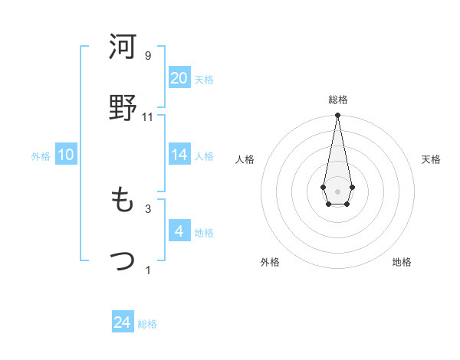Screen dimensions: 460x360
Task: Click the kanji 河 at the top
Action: click(123, 47)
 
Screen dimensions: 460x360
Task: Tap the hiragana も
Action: click(123, 201)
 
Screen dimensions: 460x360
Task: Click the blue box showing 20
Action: click(179, 78)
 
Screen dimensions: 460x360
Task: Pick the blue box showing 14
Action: click(179, 155)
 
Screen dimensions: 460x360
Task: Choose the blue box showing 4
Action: click(179, 231)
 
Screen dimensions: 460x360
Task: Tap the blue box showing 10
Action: click(66, 155)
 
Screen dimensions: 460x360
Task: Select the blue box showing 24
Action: click(123, 323)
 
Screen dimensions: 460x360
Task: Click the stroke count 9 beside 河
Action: click(148, 56)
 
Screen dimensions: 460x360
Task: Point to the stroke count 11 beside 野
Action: click(148, 117)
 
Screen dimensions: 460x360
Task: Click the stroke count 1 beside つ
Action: click(148, 270)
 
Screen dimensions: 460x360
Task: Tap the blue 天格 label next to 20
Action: click(204, 80)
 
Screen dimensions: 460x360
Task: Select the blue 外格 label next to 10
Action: click(41, 156)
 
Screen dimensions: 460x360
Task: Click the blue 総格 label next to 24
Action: click(147, 325)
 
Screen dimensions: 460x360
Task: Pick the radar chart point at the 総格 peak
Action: click(337, 116)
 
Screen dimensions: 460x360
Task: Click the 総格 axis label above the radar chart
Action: click(337, 100)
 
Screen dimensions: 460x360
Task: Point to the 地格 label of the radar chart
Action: click(402, 262)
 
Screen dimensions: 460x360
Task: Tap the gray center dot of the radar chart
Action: click(337, 190)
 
